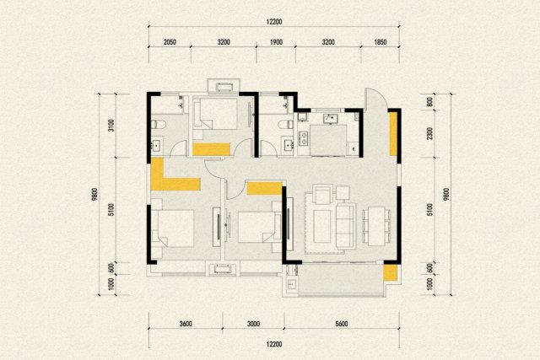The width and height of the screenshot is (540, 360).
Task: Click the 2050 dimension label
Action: pos(170,42)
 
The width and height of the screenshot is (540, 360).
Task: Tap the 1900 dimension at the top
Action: pos(276,42)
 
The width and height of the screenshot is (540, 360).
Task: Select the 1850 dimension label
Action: pos(381,42)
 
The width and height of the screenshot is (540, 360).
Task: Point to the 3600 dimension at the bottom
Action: pos(186,324)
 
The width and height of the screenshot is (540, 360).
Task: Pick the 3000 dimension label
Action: pos(253,324)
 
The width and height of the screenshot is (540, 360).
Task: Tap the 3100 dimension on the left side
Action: pos(111,126)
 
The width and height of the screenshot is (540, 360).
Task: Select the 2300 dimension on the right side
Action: pos(429,133)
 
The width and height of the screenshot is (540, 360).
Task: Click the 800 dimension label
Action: pos(429,102)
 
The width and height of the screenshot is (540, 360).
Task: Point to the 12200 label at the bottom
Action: pos(274,345)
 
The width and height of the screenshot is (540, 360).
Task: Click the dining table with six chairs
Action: pos(376,226)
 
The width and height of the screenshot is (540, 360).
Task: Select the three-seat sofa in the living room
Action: pos(345,226)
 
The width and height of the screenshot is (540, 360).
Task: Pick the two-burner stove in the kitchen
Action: pos(304,138)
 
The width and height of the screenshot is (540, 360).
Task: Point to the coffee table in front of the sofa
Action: pos(322,226)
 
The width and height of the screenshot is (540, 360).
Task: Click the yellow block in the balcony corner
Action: pos(391,272)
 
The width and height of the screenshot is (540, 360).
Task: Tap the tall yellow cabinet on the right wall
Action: pos(393,134)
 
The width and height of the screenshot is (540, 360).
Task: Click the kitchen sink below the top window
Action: pos(331,119)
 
